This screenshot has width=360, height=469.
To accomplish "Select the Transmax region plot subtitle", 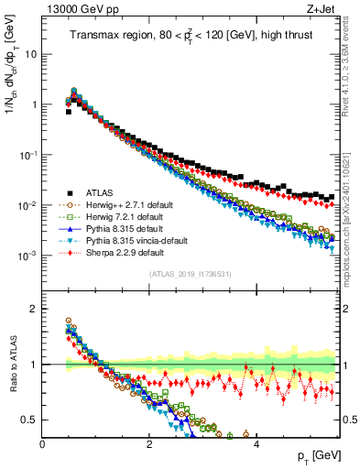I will (x=190, y=36).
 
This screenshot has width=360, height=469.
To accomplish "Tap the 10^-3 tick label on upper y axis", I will (x=27, y=255).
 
